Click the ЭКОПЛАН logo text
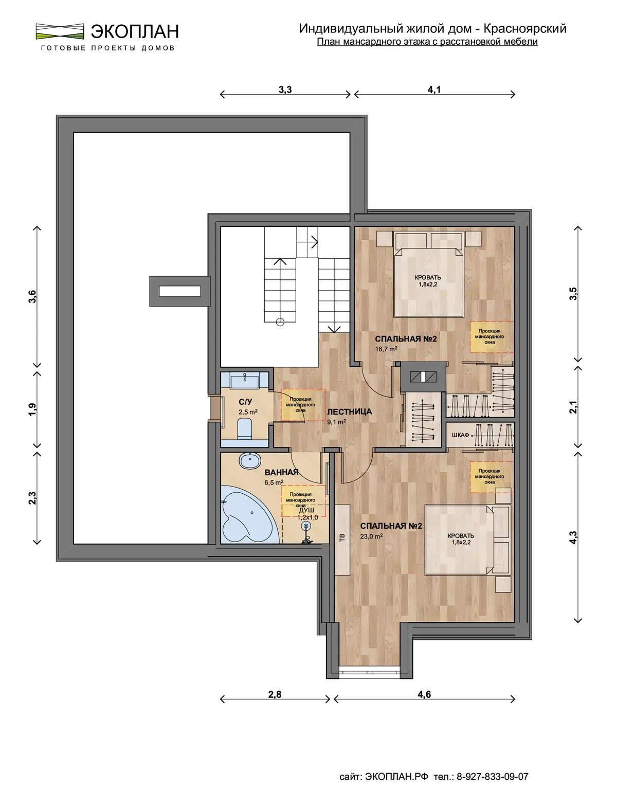point(135,31)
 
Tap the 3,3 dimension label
point(285,89)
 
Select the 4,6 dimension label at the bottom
point(424,694)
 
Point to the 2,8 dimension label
point(275,694)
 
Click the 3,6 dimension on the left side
point(33,296)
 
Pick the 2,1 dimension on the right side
point(573,407)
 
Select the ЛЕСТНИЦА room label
point(350,412)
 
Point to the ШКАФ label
point(461,435)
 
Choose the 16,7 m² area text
point(386,349)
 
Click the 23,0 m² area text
point(372,536)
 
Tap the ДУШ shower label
point(306,510)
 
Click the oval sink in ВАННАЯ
point(250,460)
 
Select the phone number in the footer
point(493,777)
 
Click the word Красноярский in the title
point(525,29)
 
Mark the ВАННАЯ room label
point(281,472)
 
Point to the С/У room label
point(245,402)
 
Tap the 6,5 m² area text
point(274,483)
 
